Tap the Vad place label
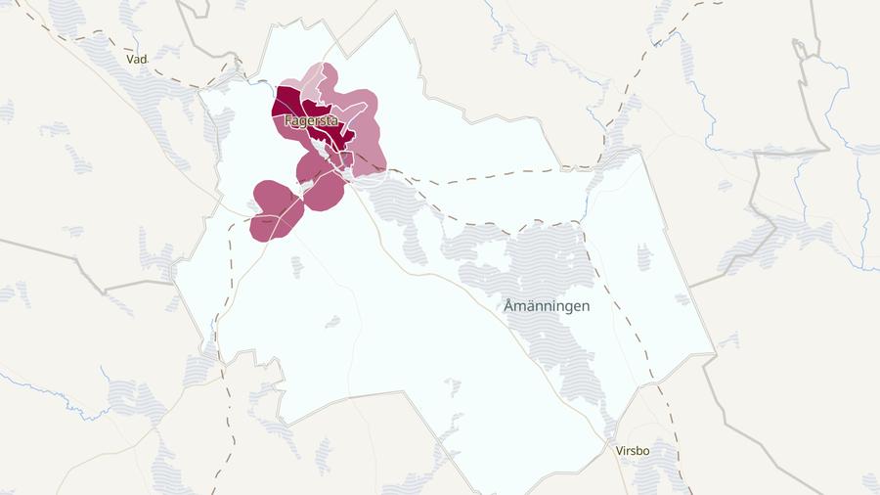136,60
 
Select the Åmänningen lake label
547,305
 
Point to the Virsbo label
633,451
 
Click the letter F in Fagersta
287,121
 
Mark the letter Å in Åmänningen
509,305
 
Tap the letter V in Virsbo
619,451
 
